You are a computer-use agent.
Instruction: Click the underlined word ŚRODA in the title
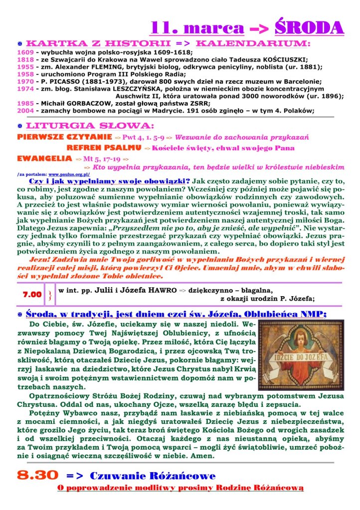click(x=309, y=27)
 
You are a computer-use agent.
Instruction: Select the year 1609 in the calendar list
click(x=25, y=51)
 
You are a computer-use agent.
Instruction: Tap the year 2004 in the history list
click(x=25, y=110)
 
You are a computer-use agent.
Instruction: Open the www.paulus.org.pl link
click(x=69, y=174)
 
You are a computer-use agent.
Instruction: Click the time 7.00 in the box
click(x=32, y=295)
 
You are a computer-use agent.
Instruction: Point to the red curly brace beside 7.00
click(x=50, y=295)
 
